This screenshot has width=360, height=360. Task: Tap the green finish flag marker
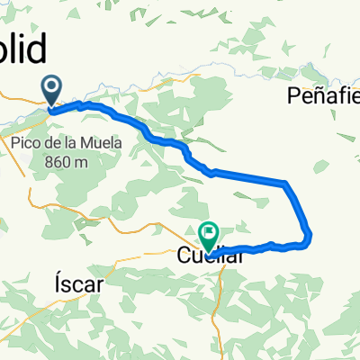point(209,237)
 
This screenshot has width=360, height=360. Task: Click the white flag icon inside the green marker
point(209,233)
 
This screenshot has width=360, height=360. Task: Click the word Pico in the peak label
point(31,143)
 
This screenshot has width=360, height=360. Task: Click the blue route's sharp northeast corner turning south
point(285,184)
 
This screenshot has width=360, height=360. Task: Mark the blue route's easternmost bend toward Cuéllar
point(310,237)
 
